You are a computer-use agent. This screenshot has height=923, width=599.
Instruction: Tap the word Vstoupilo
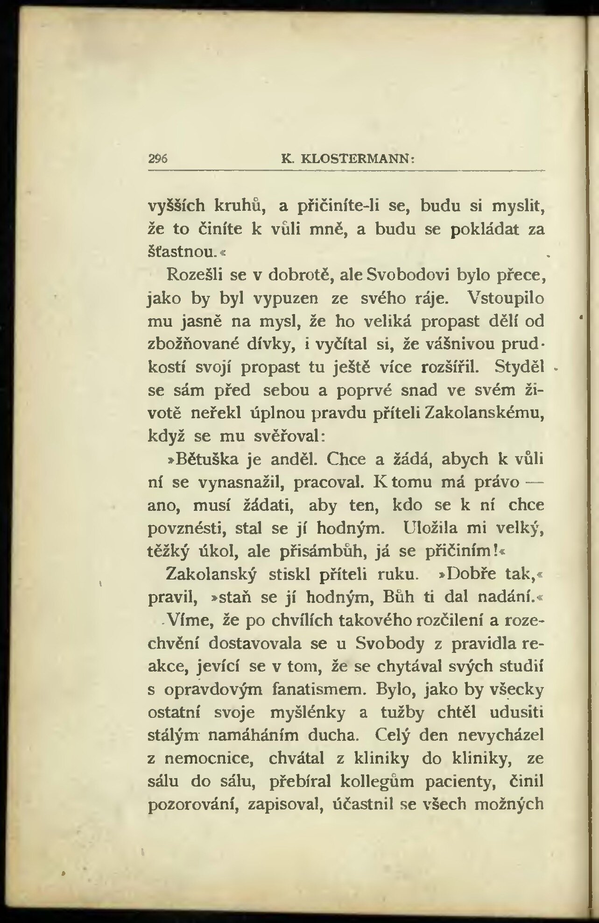coord(506,298)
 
